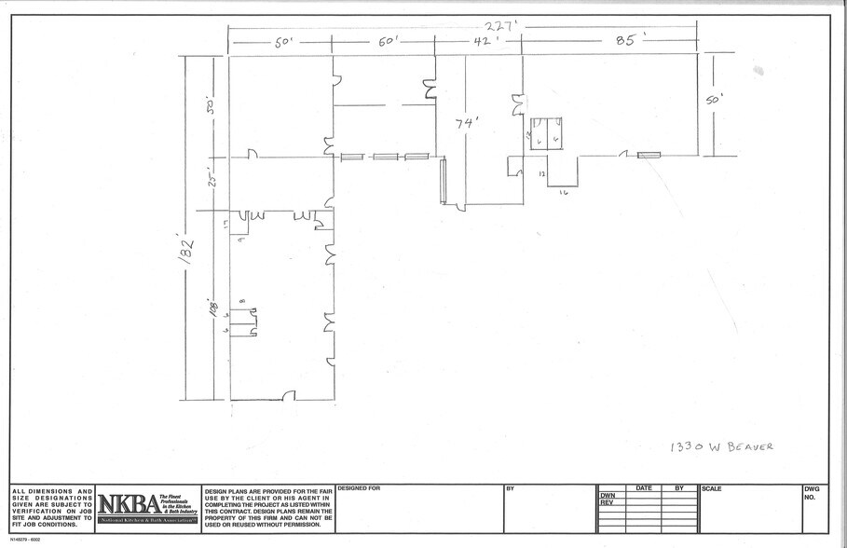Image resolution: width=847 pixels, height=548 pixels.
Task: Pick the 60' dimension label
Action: coord(388,44)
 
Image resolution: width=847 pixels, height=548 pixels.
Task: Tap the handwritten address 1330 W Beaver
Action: coord(721,447)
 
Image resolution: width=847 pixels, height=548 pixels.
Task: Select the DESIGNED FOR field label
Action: coord(359,488)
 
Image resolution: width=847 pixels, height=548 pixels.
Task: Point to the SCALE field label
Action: coord(714,488)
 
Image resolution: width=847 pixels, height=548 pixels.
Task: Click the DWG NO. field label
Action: coord(810,493)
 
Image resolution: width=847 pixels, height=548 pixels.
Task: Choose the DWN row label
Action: coord(608,496)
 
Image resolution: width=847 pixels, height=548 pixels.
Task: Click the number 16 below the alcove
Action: coord(564,192)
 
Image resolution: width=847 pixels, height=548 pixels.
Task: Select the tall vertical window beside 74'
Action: coord(444,181)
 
